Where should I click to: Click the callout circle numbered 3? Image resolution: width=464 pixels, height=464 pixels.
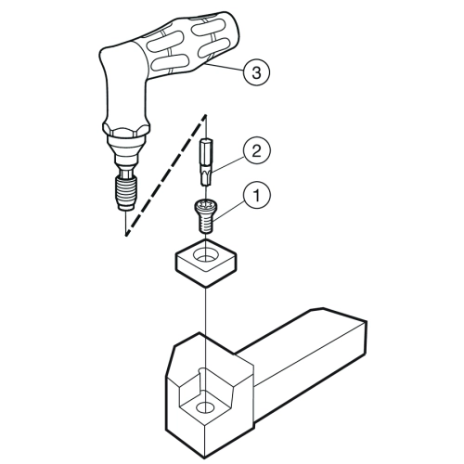(x=256, y=72)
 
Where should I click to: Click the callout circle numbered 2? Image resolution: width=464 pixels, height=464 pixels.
(x=257, y=152)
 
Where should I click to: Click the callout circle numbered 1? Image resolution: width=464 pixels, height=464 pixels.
(x=257, y=195)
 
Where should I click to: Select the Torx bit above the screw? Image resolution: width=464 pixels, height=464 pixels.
(x=206, y=162)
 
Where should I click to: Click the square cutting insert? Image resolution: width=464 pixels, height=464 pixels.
(x=206, y=263)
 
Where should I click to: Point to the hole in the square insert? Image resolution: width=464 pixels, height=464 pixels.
(x=205, y=255)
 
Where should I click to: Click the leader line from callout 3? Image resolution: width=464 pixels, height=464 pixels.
(x=225, y=68)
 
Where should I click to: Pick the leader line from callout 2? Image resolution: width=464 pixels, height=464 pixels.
(x=228, y=164)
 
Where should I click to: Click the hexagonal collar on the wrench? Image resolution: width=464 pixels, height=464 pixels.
(x=126, y=128)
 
